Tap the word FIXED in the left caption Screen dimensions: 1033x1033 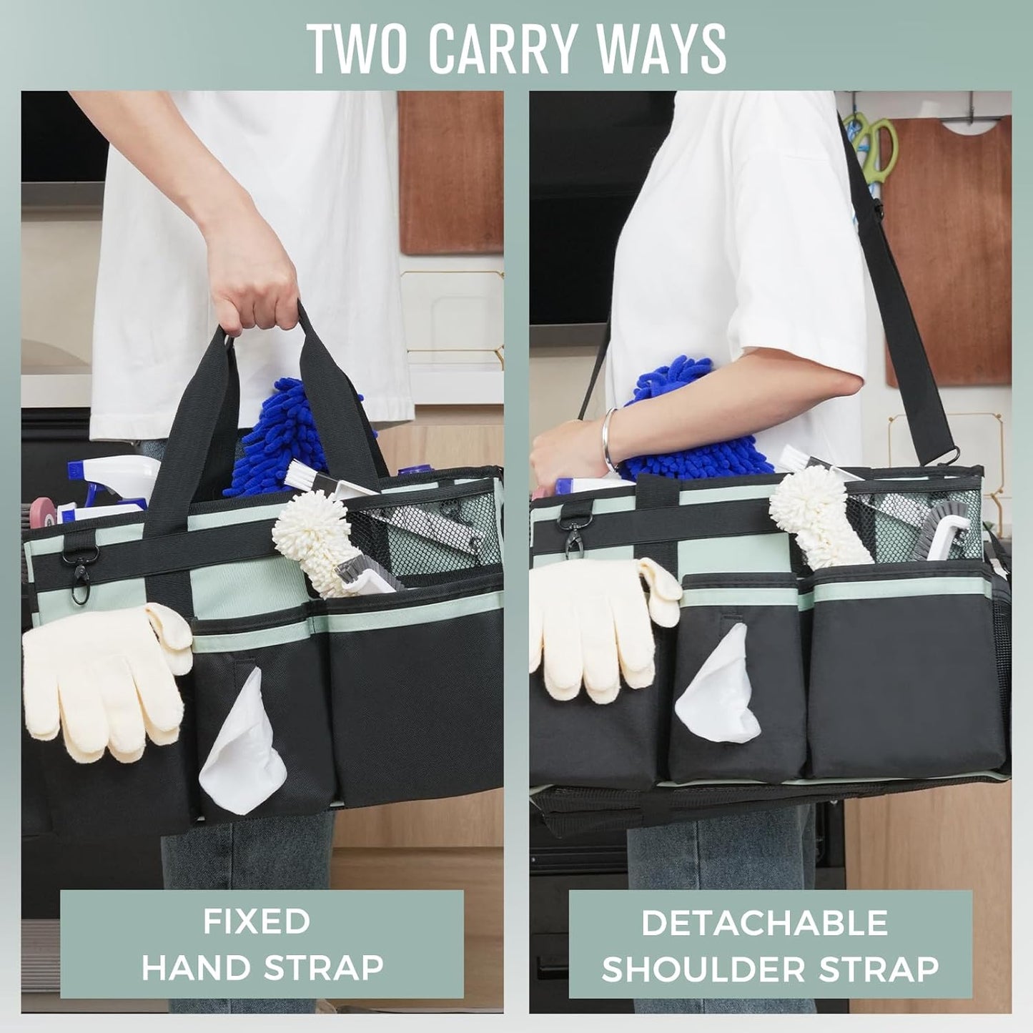[x=256, y=921]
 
